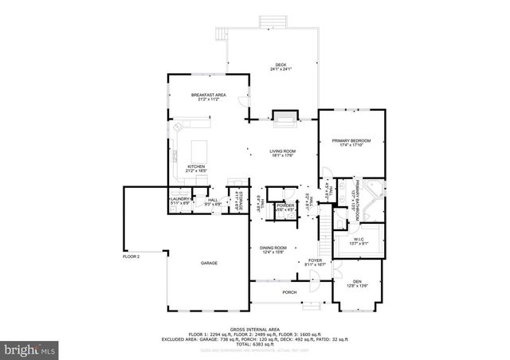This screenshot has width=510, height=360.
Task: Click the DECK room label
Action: [280, 66]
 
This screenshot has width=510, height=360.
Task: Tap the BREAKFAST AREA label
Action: [209, 95]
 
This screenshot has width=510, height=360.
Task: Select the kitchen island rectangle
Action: [198, 148]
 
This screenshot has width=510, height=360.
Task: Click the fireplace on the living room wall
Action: [284, 118]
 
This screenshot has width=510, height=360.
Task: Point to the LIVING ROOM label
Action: [282, 151]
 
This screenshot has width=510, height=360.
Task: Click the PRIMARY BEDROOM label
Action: [351, 141]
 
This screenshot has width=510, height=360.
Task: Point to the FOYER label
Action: [316, 260]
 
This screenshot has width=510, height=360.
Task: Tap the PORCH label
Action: [289, 292]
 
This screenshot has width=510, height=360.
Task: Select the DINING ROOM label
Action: [273, 248]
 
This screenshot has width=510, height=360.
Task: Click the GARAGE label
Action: [209, 263]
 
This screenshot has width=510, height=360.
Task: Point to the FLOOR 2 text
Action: [131, 256]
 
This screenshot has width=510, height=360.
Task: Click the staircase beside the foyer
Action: [324, 231]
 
